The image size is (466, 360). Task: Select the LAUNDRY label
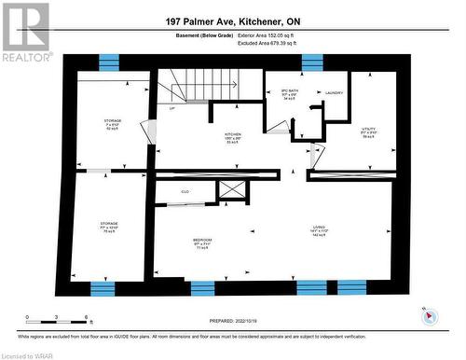tap(335, 92)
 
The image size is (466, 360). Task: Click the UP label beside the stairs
tap(171, 108)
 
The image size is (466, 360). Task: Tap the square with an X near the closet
tap(231, 191)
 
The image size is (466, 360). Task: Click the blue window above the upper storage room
tap(109, 62)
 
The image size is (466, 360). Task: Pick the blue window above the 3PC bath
tap(311, 62)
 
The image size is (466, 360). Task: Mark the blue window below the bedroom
tap(202, 286)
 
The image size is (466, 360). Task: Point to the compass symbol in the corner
tap(430, 315)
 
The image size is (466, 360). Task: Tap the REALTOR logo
tap(25, 31)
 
